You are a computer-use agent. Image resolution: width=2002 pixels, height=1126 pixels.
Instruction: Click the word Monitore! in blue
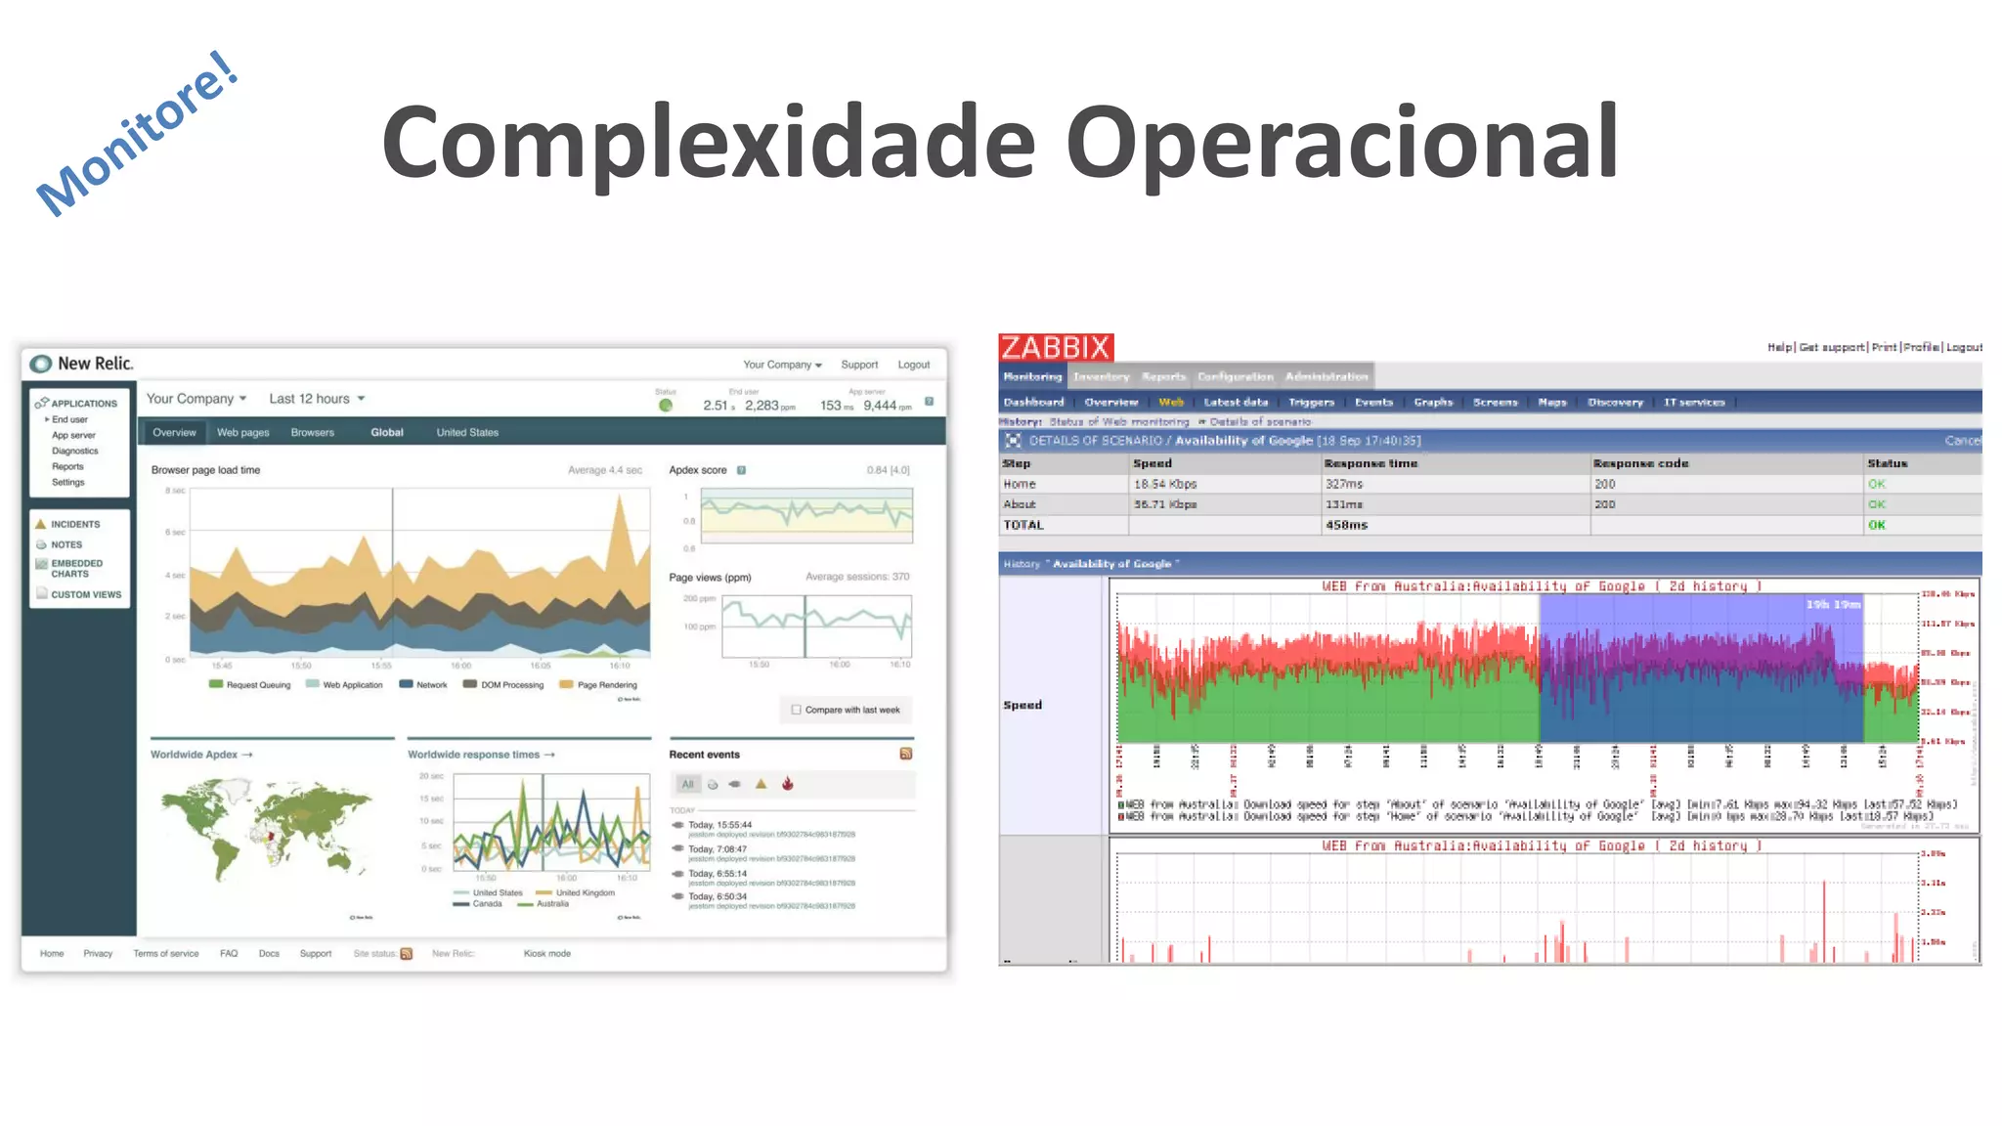tap(137, 134)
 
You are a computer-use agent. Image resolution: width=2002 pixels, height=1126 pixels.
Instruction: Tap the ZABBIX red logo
tap(1056, 347)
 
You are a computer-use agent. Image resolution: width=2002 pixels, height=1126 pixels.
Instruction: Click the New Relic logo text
tap(95, 364)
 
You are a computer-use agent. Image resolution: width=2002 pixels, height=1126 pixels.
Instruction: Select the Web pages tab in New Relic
tap(242, 432)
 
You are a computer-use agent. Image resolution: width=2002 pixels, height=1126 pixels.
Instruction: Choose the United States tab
tap(467, 432)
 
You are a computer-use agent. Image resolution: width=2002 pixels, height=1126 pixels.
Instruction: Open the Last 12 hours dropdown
tap(317, 399)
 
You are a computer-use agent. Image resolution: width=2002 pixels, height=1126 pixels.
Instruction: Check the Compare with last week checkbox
tap(797, 710)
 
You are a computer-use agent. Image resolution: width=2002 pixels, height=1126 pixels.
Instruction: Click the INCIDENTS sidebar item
tap(75, 525)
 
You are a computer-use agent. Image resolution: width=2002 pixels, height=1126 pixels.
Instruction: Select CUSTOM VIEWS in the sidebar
tap(86, 594)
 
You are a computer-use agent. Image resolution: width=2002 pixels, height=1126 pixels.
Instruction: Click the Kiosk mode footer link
tap(546, 954)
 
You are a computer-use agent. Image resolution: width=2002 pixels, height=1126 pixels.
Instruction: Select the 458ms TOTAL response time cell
tap(1346, 525)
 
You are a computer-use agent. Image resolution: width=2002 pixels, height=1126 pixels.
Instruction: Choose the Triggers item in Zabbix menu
tap(1311, 402)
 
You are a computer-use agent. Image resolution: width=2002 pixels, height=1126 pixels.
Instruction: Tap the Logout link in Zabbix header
tap(1964, 347)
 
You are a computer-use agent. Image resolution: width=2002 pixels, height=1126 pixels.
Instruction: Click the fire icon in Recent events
tap(788, 784)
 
